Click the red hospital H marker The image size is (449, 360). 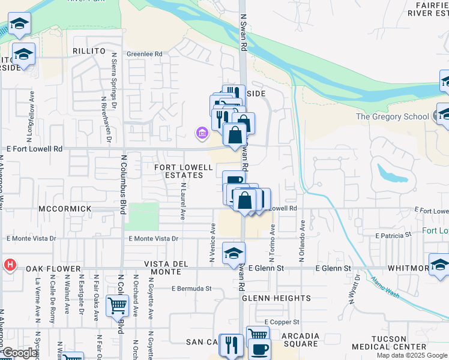(x=10, y=265)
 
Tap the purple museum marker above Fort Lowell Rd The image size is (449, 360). (x=202, y=133)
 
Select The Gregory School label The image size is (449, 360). (x=394, y=116)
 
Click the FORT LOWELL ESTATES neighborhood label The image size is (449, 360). (x=184, y=171)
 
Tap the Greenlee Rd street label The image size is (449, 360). (x=145, y=54)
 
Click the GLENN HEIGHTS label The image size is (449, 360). (x=276, y=298)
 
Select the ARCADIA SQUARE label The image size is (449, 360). (x=292, y=340)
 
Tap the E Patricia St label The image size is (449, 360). (x=393, y=236)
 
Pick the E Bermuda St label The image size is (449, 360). (x=191, y=288)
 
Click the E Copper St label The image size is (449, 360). (x=282, y=322)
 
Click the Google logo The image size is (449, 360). (x=20, y=353)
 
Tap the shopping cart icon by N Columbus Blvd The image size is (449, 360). (x=117, y=305)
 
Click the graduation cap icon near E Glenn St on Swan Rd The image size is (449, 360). (x=234, y=253)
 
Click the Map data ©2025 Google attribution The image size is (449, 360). (x=412, y=355)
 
